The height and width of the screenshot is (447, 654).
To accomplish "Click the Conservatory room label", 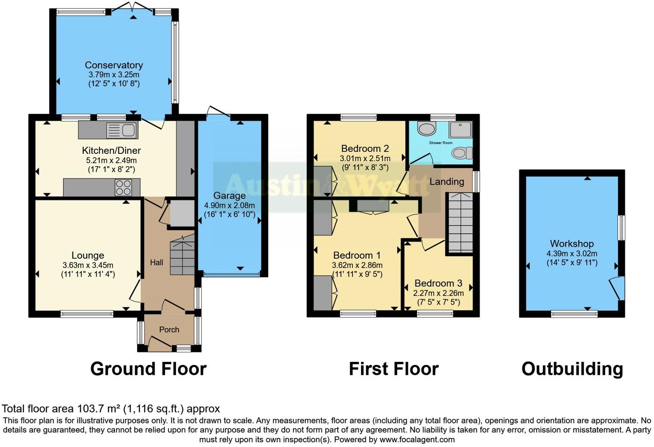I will (x=114, y=65).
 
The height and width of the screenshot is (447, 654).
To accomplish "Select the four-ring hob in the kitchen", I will (x=123, y=187).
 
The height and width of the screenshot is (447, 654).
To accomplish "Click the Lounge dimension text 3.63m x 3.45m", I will (x=88, y=265).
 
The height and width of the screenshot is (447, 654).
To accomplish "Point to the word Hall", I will (x=156, y=262).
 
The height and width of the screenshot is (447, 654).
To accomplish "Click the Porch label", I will (x=169, y=330).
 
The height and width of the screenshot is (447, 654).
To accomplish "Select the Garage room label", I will (x=229, y=196).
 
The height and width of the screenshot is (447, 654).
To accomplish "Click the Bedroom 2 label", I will (x=365, y=149).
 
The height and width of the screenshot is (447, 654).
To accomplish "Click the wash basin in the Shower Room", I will (x=426, y=129).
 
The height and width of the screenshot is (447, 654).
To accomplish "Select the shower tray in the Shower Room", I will (x=461, y=129).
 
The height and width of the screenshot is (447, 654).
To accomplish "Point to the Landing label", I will (x=447, y=182).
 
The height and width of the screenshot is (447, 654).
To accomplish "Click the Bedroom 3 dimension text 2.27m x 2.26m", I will (x=438, y=293).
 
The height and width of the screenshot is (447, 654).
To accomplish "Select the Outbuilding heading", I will (x=572, y=369).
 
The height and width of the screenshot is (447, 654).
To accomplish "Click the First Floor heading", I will (x=393, y=369).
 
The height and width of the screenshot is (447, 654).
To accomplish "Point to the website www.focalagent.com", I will (x=417, y=440).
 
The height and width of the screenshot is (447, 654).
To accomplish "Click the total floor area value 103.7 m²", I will (x=99, y=409).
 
